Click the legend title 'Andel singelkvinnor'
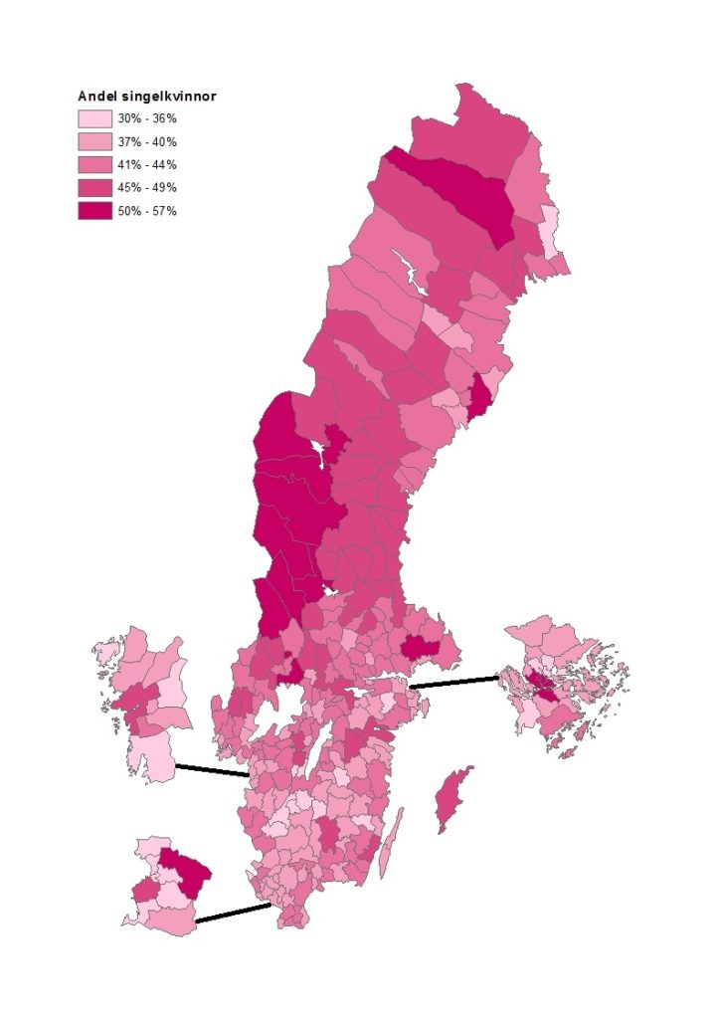click(x=147, y=97)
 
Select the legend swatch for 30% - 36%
click(x=95, y=118)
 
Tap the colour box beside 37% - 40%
click(x=95, y=141)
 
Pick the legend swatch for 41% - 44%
click(x=95, y=164)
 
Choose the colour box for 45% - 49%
click(x=95, y=187)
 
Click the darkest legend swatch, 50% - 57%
click(x=95, y=211)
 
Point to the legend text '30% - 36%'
click(x=147, y=118)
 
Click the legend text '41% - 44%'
click(x=147, y=164)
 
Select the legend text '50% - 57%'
click(x=147, y=211)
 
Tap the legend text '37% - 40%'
click(x=147, y=141)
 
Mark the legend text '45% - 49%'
click(x=147, y=187)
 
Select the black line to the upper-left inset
click(x=211, y=770)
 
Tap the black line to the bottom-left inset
click(x=233, y=914)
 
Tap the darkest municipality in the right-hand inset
click(x=540, y=683)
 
